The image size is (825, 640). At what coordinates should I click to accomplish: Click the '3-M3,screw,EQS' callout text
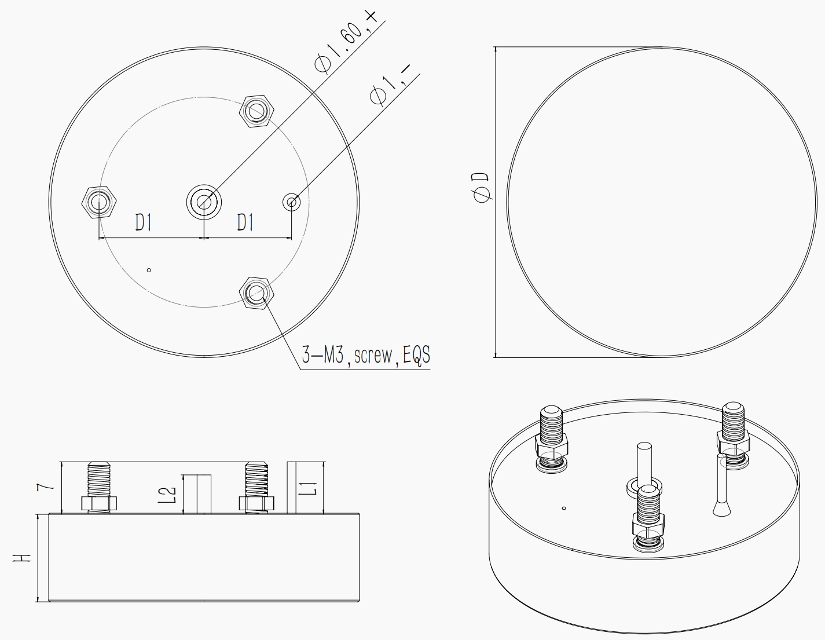pyautogui.click(x=366, y=355)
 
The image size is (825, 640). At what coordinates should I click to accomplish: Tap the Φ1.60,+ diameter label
pyautogui.click(x=346, y=42)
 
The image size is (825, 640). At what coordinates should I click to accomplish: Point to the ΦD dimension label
pyautogui.click(x=481, y=187)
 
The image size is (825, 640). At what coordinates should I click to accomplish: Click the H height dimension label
pyautogui.click(x=23, y=558)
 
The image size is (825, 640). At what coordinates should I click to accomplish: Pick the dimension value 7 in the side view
pyautogui.click(x=45, y=487)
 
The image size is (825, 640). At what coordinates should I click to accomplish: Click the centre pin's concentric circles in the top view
pyautogui.click(x=204, y=202)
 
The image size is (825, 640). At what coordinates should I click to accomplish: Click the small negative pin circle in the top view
pyautogui.click(x=292, y=202)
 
